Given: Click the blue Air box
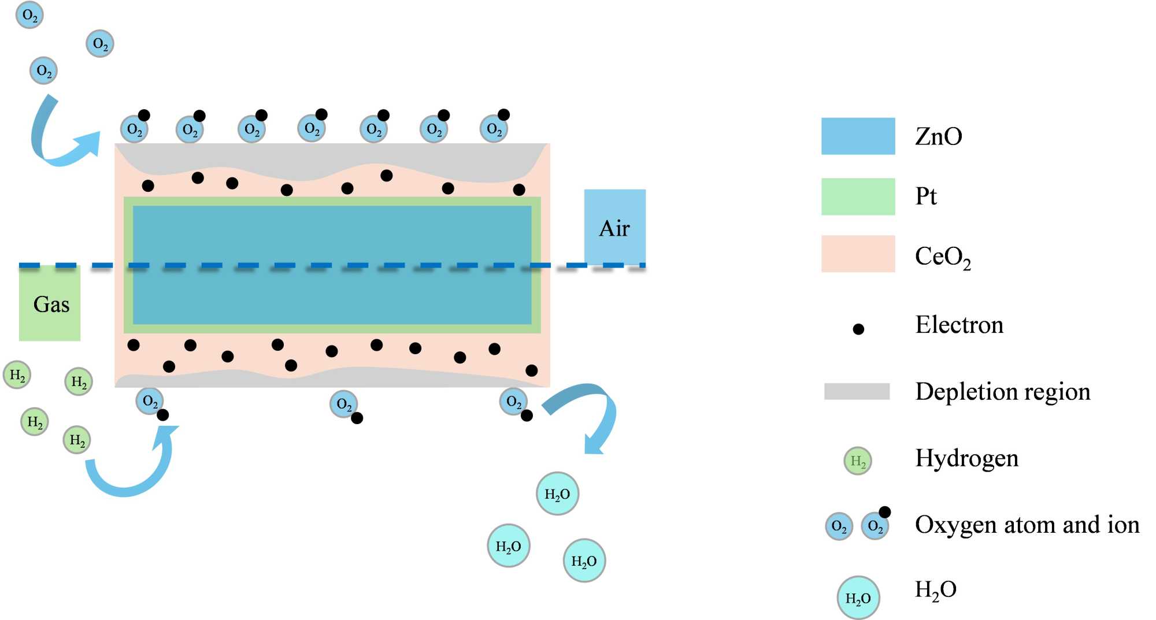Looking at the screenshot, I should pos(614,227).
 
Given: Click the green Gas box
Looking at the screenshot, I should pos(50,303).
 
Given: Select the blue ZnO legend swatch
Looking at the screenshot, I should pos(858,136).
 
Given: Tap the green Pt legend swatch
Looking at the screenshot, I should pos(858,196).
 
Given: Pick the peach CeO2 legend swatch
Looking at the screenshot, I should pos(858,254).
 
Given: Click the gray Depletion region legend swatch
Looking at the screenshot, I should pos(857,391).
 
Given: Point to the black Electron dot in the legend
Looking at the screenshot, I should pos(858,329).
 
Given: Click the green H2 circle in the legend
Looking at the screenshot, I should pos(858,461).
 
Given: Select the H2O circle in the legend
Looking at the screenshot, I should pos(858,598).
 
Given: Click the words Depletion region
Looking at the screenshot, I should pos(1003,392).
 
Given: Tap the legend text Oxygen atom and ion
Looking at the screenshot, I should pos(1027,525).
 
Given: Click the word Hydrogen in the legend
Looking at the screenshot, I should pos(966,458).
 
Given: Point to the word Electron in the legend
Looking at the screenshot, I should pos(959,325).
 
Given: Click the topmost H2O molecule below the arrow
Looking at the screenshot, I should pos(557,494).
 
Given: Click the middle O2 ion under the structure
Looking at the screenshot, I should pos(344,404).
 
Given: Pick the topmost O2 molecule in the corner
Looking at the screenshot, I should pos(29,15).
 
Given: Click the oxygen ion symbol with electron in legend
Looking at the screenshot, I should pos(876,525).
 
